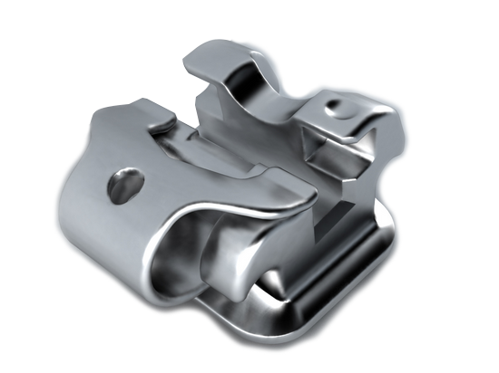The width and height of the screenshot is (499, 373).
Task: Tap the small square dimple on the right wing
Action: (x=338, y=106)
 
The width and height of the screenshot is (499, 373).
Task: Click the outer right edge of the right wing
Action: (x=390, y=136)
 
